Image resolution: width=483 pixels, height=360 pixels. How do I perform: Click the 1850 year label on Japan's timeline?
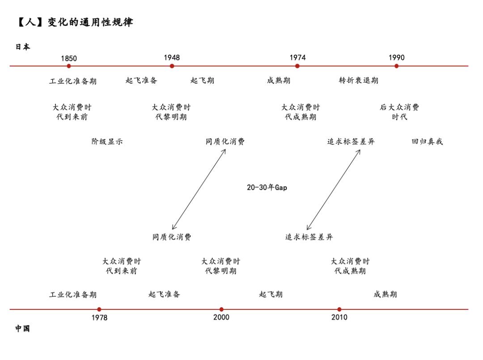tap(69, 58)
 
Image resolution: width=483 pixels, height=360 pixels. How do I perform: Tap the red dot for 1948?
tap(172, 66)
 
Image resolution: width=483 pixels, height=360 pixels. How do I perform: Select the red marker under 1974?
tap(297, 66)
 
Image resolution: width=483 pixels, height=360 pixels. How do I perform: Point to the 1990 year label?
tap(396, 58)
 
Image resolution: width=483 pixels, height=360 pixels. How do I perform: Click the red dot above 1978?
tap(99, 309)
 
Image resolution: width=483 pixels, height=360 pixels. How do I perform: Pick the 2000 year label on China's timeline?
tap(221, 317)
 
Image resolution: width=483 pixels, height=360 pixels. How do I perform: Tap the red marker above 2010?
tap(339, 309)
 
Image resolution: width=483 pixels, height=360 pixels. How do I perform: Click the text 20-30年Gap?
tap(267, 187)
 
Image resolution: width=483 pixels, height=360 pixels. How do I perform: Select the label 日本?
tap(23, 47)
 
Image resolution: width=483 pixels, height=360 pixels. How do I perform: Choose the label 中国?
tap(23, 329)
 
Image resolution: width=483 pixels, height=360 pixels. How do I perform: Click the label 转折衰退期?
tap(359, 80)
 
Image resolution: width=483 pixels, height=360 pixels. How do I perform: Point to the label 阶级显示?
tap(107, 141)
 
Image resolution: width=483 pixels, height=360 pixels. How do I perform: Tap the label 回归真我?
tap(427, 141)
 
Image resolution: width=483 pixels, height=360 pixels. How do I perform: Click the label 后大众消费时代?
tap(399, 112)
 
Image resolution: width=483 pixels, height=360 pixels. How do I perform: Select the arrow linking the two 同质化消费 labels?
tap(199, 190)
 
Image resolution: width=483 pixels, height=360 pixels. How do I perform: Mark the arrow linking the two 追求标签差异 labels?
tap(334, 190)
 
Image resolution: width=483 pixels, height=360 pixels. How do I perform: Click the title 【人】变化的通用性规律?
tap(75, 22)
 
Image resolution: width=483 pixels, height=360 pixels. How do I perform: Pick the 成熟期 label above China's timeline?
tap(385, 294)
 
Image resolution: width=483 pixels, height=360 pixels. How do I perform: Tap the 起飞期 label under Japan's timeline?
tap(202, 80)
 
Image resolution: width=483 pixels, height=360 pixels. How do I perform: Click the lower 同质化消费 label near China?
tap(172, 237)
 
